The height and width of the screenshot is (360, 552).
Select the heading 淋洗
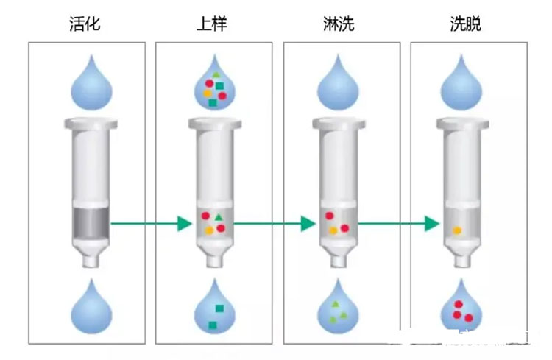point(339,24)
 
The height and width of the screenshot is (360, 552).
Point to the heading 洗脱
point(465,24)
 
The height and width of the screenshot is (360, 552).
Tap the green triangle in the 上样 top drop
point(216,75)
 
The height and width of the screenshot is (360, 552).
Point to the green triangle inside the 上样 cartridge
point(219,217)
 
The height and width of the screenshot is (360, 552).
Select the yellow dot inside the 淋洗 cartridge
point(333,230)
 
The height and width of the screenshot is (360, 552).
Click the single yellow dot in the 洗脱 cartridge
point(457,230)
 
